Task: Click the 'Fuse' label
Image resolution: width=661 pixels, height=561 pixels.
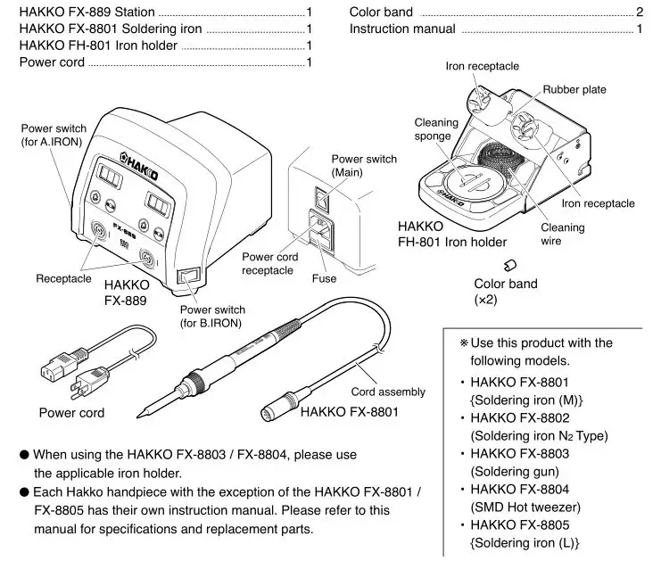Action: click(325, 279)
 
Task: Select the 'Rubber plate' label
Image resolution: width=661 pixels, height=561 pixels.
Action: click(575, 90)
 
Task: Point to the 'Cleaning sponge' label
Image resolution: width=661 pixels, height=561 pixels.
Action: click(436, 129)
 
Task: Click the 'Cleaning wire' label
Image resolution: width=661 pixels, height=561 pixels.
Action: click(563, 235)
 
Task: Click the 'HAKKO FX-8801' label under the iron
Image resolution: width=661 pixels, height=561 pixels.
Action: click(350, 412)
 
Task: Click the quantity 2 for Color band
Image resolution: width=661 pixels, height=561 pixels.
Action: click(640, 12)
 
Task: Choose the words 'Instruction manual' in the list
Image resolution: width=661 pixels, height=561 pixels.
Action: click(402, 29)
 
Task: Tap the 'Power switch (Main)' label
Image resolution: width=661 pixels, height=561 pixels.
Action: click(364, 165)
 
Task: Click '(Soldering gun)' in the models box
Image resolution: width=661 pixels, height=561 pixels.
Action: click(515, 471)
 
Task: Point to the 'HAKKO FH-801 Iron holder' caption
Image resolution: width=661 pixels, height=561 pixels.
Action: click(452, 235)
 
